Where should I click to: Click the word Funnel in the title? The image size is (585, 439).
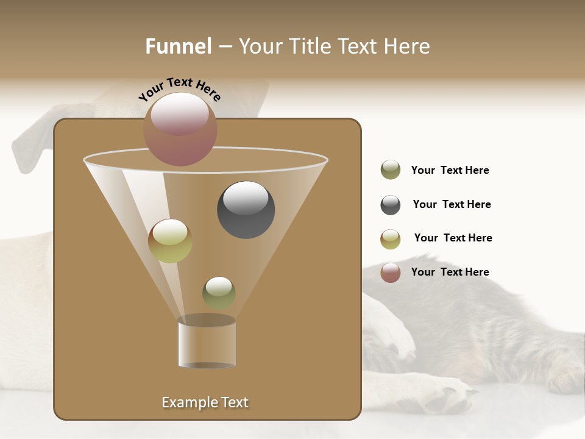pos(179,46)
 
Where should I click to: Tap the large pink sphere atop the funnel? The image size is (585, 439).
pos(180,129)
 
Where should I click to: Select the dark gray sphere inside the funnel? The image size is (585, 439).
pos(246,210)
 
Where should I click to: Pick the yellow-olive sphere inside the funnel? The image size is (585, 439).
pos(170,241)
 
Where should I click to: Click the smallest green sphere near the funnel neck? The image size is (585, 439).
pos(219,293)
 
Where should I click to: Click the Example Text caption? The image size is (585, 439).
pos(205,402)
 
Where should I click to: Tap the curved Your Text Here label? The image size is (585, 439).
pos(179,89)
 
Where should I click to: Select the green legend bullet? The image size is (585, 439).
pos(391,170)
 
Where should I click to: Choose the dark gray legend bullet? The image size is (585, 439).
pos(391,205)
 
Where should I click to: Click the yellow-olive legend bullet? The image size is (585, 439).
pos(391,239)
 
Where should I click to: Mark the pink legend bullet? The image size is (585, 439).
pos(391,273)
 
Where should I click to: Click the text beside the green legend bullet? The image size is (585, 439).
pos(450,170)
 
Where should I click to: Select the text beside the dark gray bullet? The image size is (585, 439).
pos(452,204)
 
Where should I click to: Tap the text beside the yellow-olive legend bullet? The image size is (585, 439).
pos(453,238)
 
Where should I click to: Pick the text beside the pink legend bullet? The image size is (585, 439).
pos(450,272)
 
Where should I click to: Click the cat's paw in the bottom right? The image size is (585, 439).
pos(448,396)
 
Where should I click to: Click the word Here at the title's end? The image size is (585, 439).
pos(407,46)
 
